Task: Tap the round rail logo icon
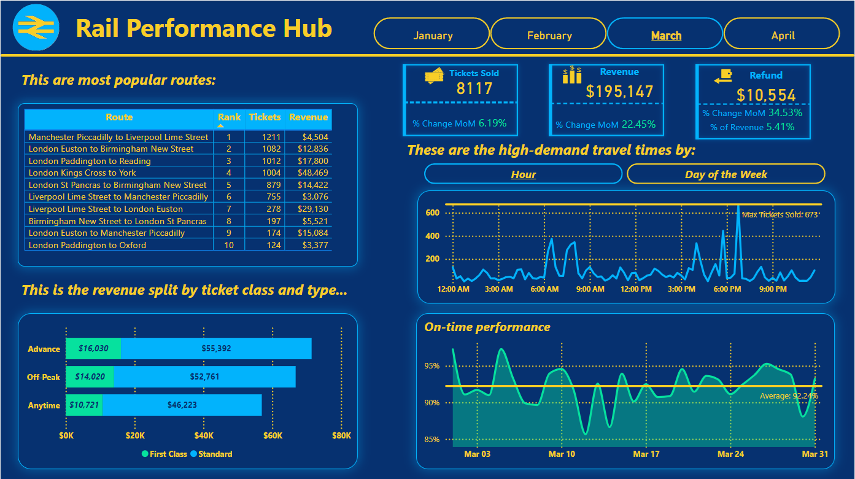tap(36, 27)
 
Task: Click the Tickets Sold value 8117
tap(474, 88)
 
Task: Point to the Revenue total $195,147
tap(619, 92)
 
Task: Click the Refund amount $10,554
tap(766, 95)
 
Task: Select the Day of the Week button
tap(725, 174)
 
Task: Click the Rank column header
tap(229, 117)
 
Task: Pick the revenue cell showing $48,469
tap(309, 173)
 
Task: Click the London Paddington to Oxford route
tap(87, 245)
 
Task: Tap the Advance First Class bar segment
tap(93, 348)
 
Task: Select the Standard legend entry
tap(211, 454)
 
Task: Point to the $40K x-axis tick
tap(204, 435)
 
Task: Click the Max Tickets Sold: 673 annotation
tap(780, 214)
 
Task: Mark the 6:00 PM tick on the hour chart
tap(727, 289)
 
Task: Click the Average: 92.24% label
tap(788, 396)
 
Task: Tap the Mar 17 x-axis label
tap(646, 454)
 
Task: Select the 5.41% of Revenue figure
tap(780, 127)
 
